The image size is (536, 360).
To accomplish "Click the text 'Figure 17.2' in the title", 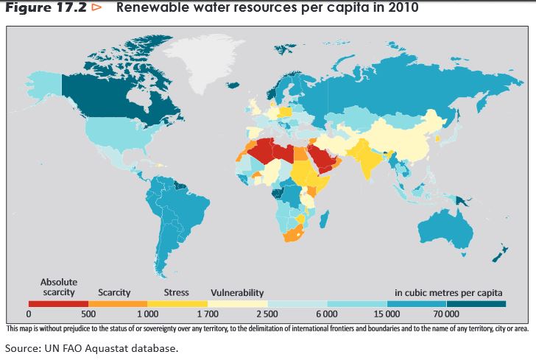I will point(46,9).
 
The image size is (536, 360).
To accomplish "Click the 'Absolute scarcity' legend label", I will point(58,288).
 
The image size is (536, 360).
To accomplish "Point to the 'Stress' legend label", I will point(176,293).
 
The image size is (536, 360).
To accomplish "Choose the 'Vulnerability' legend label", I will point(237,293).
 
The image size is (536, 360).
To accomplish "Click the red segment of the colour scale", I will point(58,303).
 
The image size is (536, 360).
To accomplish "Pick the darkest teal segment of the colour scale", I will point(476,303).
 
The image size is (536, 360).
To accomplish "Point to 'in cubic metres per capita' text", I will point(448,293).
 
